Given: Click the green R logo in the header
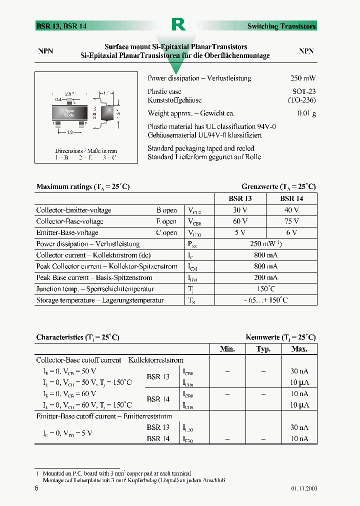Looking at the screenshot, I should coord(178,25).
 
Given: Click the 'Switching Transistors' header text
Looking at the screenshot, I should coord(281,26).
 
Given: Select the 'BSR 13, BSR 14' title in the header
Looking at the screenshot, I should coord(61,26).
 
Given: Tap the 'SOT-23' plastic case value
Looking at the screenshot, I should coord(304,91).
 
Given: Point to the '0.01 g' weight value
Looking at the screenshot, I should coord(306,113).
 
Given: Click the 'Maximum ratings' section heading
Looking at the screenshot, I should coord(83,186).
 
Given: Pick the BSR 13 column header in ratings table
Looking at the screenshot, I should coord(240,198).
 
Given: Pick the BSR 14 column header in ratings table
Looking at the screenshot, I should coord(291,198).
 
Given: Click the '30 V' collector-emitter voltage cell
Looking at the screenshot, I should coord(240,210).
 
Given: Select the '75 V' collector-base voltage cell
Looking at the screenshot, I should coord(291,221).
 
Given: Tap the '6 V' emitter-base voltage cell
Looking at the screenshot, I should coord(291,233).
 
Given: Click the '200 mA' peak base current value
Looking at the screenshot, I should coord(266,277).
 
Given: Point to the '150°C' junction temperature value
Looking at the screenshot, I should coord(266,289).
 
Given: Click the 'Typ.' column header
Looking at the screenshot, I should coord(263,349).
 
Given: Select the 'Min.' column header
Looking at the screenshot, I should coord(227,349).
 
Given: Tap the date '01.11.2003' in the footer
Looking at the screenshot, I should coord(303,488).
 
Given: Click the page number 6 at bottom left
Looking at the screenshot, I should coord(36,488).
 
